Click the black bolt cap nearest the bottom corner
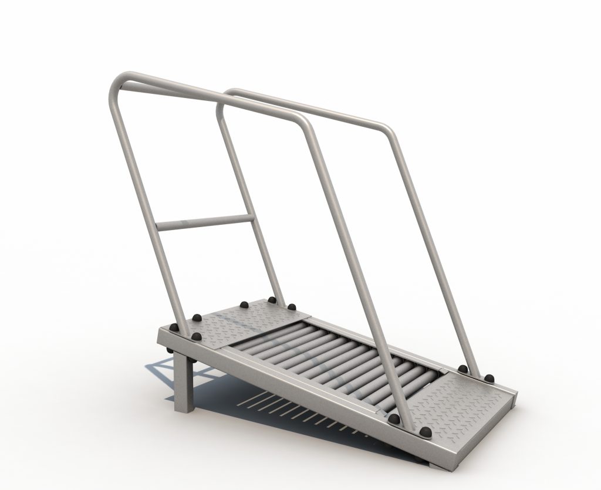coord(426,433)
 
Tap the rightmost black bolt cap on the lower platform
coord(488,377)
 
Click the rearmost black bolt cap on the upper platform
coord(272,300)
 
